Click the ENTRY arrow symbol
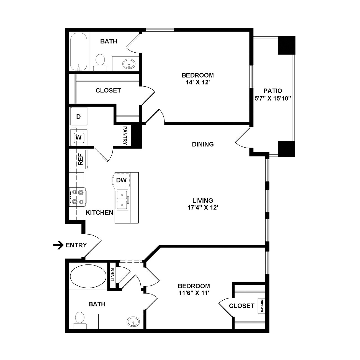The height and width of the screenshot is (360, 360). pos(58,245)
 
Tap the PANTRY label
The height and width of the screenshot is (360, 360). pos(125,135)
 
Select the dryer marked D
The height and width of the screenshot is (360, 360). pos(78,116)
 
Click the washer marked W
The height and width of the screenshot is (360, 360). pos(78,137)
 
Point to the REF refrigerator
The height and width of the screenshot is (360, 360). pos(78,159)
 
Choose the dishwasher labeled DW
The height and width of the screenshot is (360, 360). pos(122,180)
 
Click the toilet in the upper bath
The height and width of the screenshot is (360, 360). pos(100,62)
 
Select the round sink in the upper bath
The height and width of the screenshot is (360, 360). pos(129,64)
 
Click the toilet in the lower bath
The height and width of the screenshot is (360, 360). pos(80,320)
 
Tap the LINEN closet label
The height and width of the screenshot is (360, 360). pos(112,275)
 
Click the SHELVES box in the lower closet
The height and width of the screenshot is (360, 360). pos(261,306)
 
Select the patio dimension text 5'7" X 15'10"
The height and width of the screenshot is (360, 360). pos(273,98)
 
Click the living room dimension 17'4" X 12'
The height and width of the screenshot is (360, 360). pos(203,207)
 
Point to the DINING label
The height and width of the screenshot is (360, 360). pos(203,144)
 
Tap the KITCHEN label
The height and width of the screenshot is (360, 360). pos(99,212)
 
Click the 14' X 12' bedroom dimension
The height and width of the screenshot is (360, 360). pos(198,82)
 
